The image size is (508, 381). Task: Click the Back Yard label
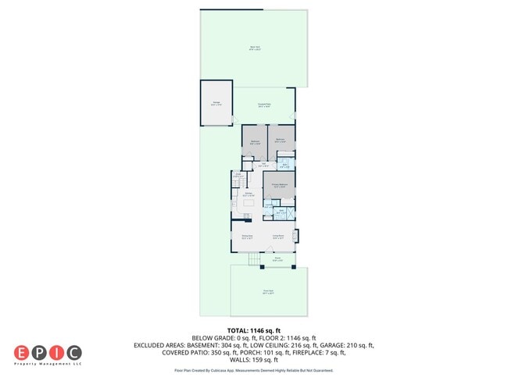[255, 48]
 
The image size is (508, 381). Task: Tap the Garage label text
[216, 103]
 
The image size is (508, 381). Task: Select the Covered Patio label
[265, 105]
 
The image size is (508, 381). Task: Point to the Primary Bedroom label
[279, 185]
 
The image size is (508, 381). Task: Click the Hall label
[264, 165]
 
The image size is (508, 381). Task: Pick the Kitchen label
[249, 194]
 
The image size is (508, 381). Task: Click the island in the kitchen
[249, 204]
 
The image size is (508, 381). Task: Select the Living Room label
[277, 237]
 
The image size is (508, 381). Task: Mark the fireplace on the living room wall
[295, 236]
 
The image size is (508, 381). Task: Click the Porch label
[277, 259]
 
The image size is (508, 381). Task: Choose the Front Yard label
[268, 293]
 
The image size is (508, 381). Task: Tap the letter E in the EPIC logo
[21, 352]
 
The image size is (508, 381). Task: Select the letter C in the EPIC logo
[74, 352]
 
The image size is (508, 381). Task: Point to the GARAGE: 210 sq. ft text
[345, 344]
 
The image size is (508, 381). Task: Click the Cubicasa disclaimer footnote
[254, 371]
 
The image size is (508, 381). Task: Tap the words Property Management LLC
[48, 364]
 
